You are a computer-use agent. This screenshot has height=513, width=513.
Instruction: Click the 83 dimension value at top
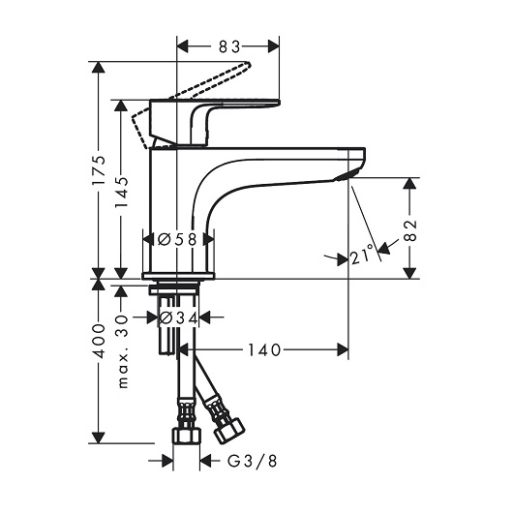[x=229, y=46]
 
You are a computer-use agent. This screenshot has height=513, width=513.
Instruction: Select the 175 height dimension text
[x=99, y=170]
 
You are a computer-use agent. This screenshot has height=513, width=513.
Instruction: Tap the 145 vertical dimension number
[x=121, y=193]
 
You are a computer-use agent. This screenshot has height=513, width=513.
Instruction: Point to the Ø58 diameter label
[x=177, y=239]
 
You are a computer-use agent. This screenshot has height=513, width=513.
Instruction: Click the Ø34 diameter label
[x=179, y=317]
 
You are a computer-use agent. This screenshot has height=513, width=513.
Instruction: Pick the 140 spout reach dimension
[x=264, y=349]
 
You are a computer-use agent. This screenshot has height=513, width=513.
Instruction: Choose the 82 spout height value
[x=410, y=230]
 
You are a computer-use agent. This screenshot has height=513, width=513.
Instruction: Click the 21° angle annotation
[x=363, y=254]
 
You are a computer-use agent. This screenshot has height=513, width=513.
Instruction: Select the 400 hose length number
[x=99, y=342]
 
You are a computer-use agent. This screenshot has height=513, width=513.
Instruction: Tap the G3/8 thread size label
[x=253, y=461]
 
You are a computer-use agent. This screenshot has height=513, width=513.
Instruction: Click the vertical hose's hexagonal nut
[x=187, y=437]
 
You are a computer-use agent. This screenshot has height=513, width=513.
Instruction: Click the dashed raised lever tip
[x=247, y=64]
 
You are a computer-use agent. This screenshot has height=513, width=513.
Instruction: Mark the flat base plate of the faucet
[x=178, y=276]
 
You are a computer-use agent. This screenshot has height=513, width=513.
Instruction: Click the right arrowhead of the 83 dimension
[x=274, y=46]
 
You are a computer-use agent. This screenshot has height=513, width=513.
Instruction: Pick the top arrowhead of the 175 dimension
[x=98, y=67]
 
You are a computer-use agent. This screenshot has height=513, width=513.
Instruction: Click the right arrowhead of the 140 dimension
[x=343, y=349]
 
